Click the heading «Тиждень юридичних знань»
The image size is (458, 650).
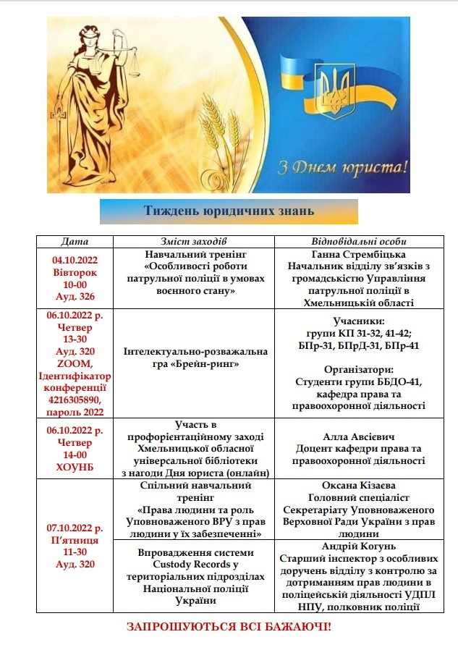click(x=229, y=211)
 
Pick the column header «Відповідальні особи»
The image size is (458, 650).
click(x=359, y=241)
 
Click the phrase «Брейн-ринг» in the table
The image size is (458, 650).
click(x=197, y=363)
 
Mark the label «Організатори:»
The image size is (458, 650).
click(x=359, y=368)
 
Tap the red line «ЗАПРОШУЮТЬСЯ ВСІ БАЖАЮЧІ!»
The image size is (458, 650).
click(x=229, y=625)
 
